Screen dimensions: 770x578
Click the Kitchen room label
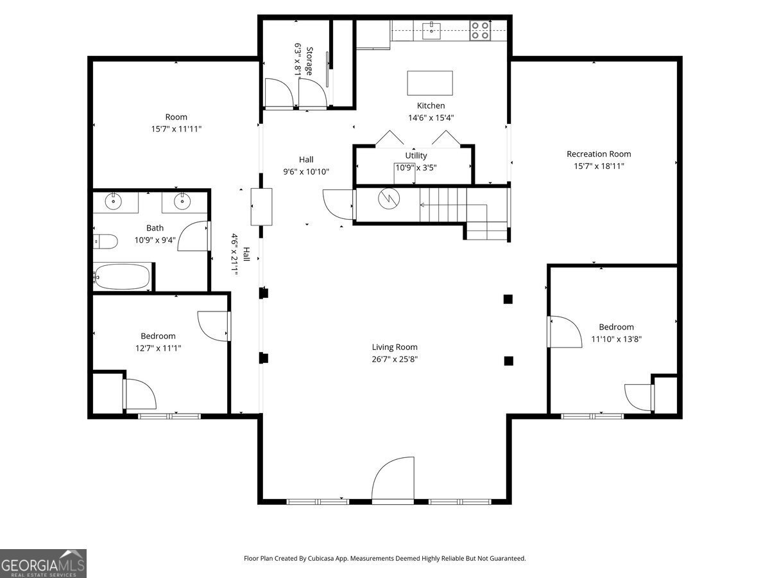(x=431, y=105)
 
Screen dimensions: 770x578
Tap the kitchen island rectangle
(x=430, y=83)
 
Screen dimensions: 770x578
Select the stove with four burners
(x=480, y=31)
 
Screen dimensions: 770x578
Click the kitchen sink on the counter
(x=431, y=31)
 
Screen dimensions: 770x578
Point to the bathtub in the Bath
(x=122, y=276)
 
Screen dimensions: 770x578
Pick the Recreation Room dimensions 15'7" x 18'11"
(x=599, y=166)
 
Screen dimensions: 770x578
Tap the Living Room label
(x=395, y=347)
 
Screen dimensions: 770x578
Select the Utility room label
(x=416, y=155)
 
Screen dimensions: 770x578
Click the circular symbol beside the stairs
(x=389, y=198)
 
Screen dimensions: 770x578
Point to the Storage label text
(x=309, y=61)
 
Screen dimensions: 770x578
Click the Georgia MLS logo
(x=43, y=563)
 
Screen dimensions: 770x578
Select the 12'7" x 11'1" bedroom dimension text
(x=158, y=348)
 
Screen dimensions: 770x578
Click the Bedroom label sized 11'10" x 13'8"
(x=616, y=327)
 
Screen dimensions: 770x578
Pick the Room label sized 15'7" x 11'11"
(x=176, y=117)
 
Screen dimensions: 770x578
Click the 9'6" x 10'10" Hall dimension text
(x=306, y=171)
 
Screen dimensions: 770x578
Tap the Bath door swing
(x=194, y=236)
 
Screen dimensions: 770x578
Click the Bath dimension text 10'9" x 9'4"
(x=155, y=240)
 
